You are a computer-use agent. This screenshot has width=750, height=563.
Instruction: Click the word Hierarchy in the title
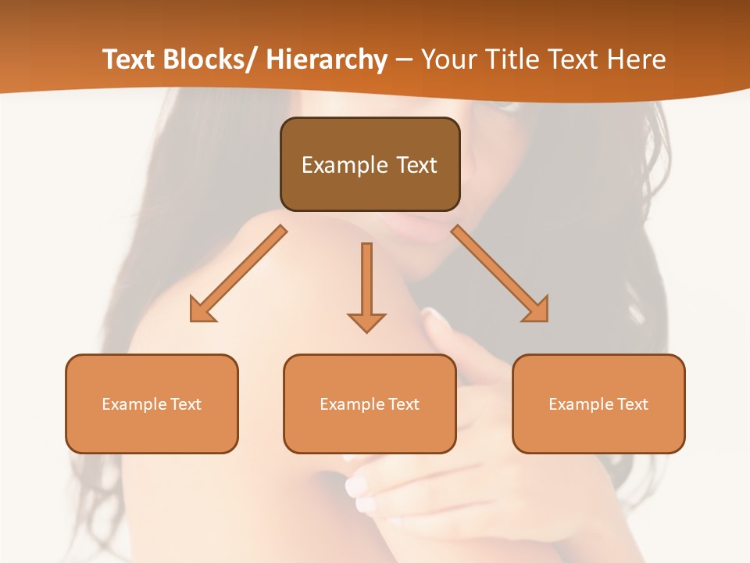tap(327, 59)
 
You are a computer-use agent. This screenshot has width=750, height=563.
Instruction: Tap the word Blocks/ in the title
tap(210, 59)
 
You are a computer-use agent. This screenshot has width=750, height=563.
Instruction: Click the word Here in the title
tap(638, 59)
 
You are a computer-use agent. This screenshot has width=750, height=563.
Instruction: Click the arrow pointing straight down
tap(366, 285)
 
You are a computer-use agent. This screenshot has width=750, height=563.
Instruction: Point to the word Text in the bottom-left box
tap(186, 404)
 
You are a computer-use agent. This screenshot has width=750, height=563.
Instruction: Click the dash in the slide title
tap(404, 59)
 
